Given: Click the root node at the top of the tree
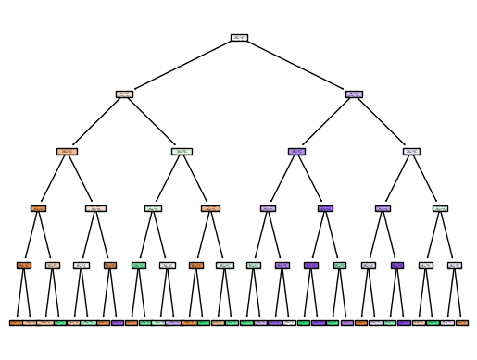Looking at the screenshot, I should [239, 38].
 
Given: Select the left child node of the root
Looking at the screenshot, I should [124, 94].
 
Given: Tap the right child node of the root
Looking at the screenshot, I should [354, 94].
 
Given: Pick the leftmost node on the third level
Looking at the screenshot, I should [67, 151].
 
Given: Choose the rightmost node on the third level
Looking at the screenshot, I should [411, 151].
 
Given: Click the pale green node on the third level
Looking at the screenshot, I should [182, 151].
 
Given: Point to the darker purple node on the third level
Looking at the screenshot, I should [296, 151].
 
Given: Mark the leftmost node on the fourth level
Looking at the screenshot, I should [38, 208].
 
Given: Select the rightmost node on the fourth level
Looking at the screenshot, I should [440, 208].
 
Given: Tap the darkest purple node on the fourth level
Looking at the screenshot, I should [325, 208].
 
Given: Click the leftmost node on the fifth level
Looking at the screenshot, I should [24, 266].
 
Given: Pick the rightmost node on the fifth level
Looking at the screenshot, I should [455, 266].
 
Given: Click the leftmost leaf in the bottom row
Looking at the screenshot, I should [17, 322].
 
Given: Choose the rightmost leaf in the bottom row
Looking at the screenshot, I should [461, 322].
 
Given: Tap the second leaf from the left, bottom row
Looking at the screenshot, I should [31, 322].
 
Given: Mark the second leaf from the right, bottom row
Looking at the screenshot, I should [447, 322].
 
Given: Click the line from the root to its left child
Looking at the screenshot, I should [182, 66].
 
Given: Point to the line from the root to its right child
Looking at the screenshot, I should [296, 66].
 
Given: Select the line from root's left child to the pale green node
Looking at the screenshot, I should [153, 122].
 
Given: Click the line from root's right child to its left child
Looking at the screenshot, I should [325, 122].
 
